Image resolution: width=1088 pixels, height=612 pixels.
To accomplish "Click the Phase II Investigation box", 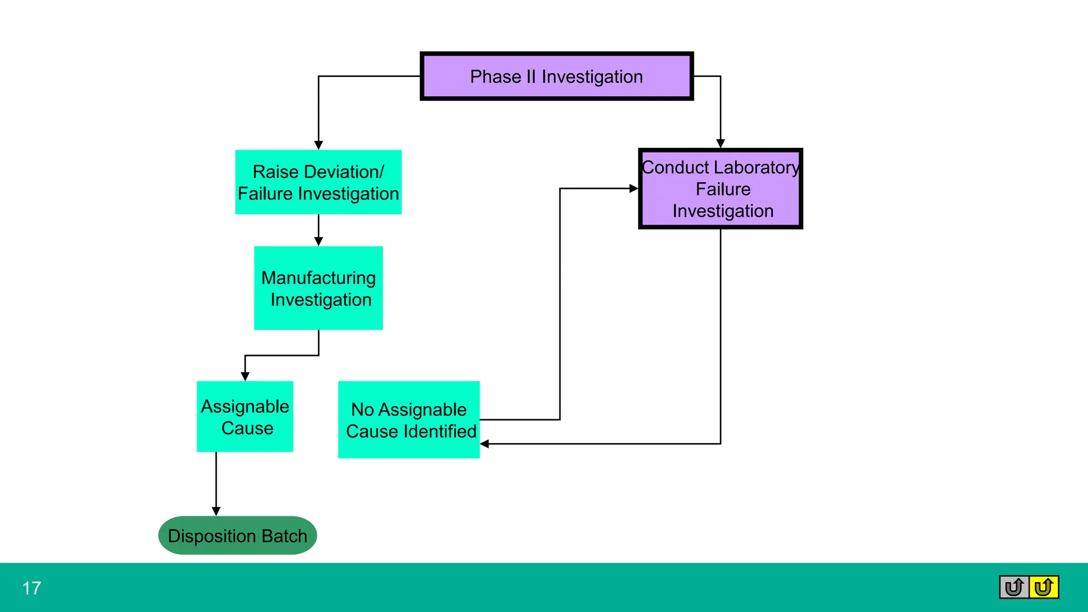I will [x=556, y=76].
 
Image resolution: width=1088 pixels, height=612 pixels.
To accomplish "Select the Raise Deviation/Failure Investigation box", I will [x=318, y=182].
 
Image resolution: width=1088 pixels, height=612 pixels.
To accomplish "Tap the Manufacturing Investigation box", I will [x=318, y=288].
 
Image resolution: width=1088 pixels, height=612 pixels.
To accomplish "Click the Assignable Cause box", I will [x=245, y=416].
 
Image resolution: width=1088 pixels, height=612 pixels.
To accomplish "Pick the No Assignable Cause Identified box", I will [x=409, y=420].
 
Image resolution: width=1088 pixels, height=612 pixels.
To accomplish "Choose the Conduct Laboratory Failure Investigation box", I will [x=720, y=189].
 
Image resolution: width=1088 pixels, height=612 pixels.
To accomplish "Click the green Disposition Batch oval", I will [x=237, y=535].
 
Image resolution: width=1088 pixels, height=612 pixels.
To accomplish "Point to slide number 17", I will [x=32, y=588].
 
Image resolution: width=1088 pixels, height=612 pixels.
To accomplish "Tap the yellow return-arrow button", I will [x=1044, y=587].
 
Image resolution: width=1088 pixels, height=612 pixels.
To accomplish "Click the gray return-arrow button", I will [x=1014, y=587].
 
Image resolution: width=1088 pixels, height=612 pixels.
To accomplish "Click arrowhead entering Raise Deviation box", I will [x=319, y=145].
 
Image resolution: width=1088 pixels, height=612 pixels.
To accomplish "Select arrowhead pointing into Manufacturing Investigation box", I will [x=319, y=242].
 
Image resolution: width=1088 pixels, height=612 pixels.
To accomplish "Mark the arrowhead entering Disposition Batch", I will [x=216, y=511].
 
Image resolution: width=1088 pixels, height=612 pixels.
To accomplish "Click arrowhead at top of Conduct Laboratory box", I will [x=720, y=143].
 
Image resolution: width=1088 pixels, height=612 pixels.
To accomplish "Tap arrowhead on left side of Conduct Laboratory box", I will [x=633, y=189].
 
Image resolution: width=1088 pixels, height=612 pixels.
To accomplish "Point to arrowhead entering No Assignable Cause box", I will [x=484, y=444].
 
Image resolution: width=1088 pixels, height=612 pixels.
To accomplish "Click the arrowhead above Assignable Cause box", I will [x=245, y=376].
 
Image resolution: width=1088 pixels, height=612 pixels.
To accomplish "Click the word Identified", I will [x=445, y=431].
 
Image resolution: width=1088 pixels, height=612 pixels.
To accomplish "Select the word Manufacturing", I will [x=318, y=278].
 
